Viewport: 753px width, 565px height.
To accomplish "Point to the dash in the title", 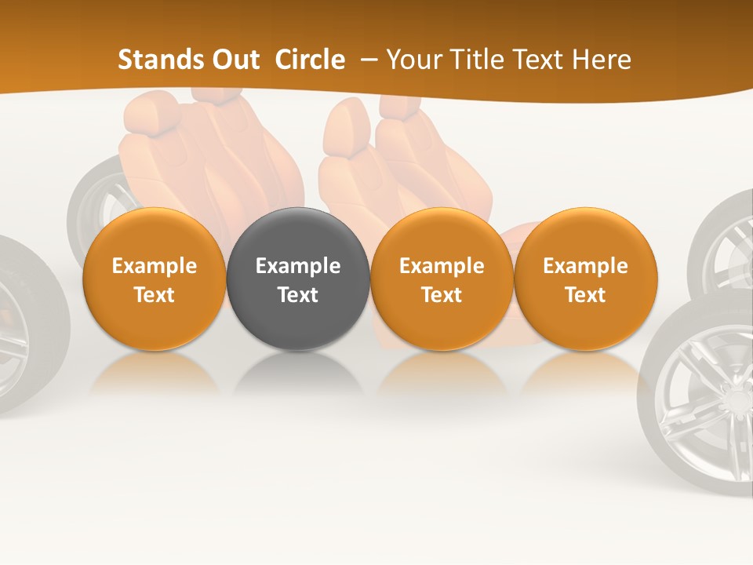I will tap(366, 60).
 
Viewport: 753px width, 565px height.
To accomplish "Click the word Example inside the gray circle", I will tap(298, 266).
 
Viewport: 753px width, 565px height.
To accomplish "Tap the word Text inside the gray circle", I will tap(298, 295).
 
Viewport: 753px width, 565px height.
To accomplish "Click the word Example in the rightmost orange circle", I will tap(586, 266).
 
